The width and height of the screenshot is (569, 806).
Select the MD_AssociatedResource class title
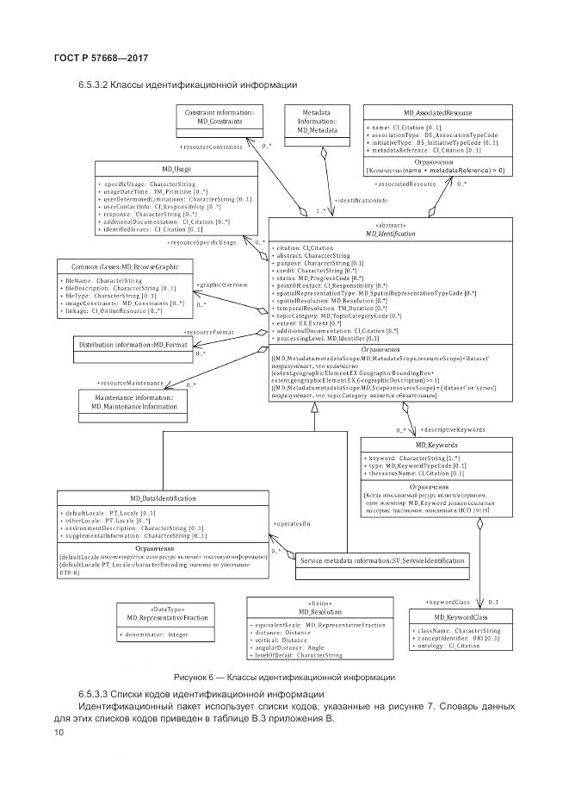437,113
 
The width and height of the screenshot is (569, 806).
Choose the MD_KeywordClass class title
461,616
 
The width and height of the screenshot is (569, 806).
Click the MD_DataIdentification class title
163,498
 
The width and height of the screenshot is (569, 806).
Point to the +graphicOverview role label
223,284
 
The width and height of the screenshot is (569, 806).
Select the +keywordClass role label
448,601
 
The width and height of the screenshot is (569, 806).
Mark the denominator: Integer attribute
154,634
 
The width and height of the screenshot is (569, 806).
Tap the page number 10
59,733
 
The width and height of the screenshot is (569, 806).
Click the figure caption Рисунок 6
284,677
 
